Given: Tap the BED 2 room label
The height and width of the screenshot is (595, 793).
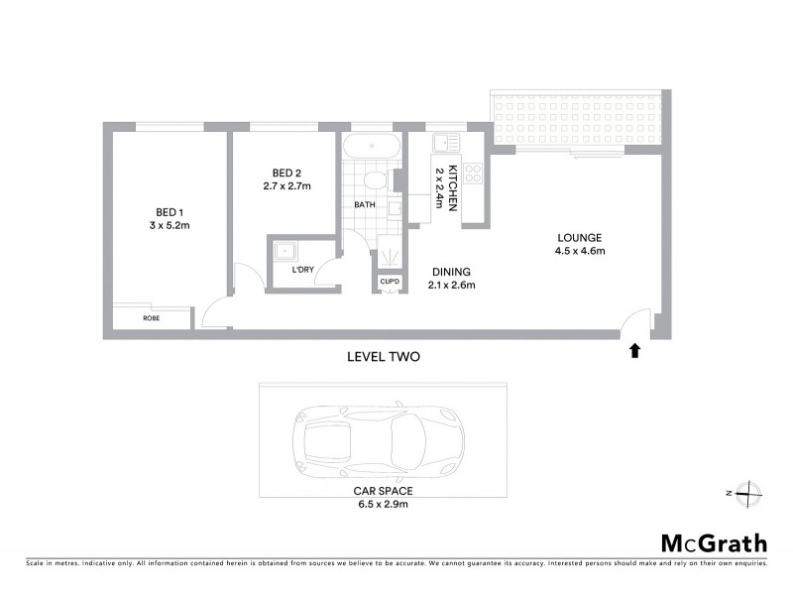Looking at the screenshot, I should [286, 171].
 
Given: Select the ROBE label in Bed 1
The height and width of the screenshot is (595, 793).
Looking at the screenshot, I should [152, 319].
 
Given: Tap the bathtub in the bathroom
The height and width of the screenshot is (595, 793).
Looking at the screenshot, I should [372, 147].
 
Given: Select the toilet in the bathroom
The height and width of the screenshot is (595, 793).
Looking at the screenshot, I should [375, 183].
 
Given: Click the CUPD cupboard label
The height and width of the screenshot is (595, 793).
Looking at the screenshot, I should [390, 283].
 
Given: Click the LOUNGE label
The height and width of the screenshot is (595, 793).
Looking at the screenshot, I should [580, 237].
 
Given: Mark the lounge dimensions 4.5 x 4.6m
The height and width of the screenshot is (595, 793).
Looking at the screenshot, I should [580, 251].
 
